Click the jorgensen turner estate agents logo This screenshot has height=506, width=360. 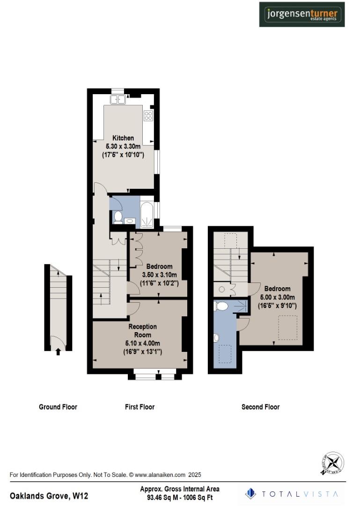[302, 14]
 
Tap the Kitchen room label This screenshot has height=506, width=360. [123, 138]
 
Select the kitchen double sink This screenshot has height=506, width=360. [118, 99]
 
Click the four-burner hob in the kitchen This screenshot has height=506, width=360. [149, 116]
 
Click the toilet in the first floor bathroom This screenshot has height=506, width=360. [118, 217]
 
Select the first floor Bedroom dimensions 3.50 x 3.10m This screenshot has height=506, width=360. [159, 275]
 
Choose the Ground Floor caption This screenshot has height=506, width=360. [58, 407]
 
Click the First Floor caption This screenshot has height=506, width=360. [140, 407]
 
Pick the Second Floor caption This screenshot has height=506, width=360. [260, 407]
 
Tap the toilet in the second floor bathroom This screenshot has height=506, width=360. [221, 306]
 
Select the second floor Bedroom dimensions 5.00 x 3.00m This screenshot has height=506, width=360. [277, 297]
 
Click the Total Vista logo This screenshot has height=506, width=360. [292, 493]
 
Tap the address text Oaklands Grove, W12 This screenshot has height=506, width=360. [49, 496]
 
